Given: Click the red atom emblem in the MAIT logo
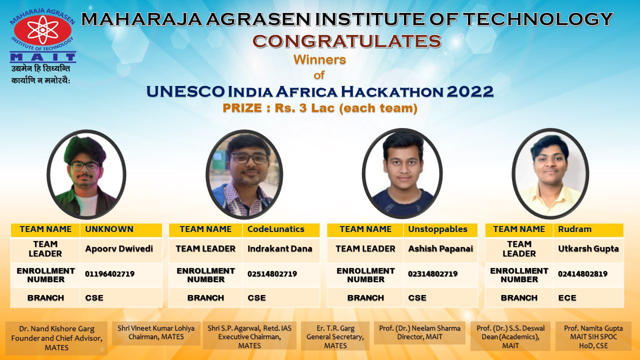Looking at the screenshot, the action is click(x=42, y=30).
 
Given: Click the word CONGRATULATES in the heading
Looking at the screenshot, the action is click(x=347, y=41).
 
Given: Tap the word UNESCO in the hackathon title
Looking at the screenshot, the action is click(x=185, y=91).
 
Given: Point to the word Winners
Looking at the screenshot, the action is click(x=319, y=59).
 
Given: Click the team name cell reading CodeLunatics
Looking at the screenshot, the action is click(x=281, y=230).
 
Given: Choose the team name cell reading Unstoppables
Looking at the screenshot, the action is click(x=440, y=230).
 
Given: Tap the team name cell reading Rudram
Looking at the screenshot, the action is click(x=588, y=230).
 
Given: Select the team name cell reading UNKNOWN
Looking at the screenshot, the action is click(x=121, y=230).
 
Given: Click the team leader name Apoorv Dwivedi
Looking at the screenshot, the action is click(x=119, y=249).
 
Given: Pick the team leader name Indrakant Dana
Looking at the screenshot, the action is click(x=279, y=249).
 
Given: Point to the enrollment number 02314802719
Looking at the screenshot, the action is click(x=432, y=274).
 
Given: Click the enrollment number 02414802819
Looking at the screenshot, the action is click(x=582, y=274).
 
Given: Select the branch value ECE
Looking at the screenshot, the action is click(x=567, y=297).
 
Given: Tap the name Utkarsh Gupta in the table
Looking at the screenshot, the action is click(x=588, y=249).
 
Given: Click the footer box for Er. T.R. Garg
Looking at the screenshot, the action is click(x=335, y=336).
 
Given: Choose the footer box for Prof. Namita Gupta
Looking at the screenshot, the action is click(x=593, y=336).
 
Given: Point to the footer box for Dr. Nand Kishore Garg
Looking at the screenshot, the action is click(x=56, y=338).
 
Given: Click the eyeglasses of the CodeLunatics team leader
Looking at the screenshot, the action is click(x=249, y=158).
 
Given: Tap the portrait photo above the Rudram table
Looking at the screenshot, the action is click(x=550, y=173).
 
